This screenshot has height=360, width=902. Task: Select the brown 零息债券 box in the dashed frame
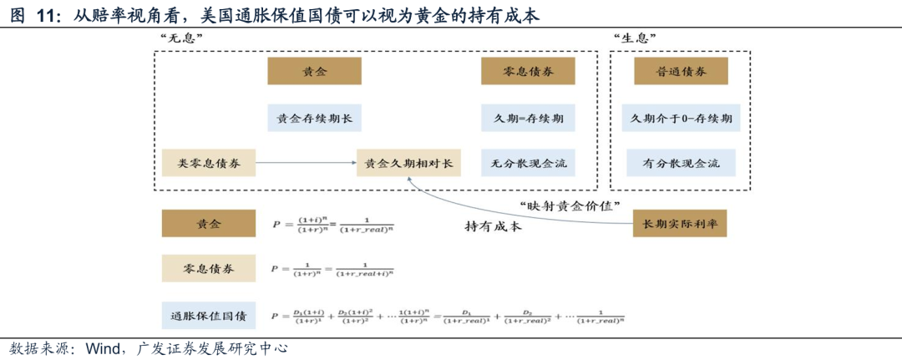point(528,72)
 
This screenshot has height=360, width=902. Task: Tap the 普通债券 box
point(682,72)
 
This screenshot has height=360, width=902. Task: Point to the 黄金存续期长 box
point(314,118)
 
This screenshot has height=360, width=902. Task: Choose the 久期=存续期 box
point(528,118)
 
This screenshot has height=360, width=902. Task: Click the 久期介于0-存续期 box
point(682,118)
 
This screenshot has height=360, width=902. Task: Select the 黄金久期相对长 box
point(408,163)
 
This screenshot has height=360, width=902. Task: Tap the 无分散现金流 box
point(528,163)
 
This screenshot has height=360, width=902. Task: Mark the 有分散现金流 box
point(682,163)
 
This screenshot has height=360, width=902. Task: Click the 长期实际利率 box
point(681,224)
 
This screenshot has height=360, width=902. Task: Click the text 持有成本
point(493,226)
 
